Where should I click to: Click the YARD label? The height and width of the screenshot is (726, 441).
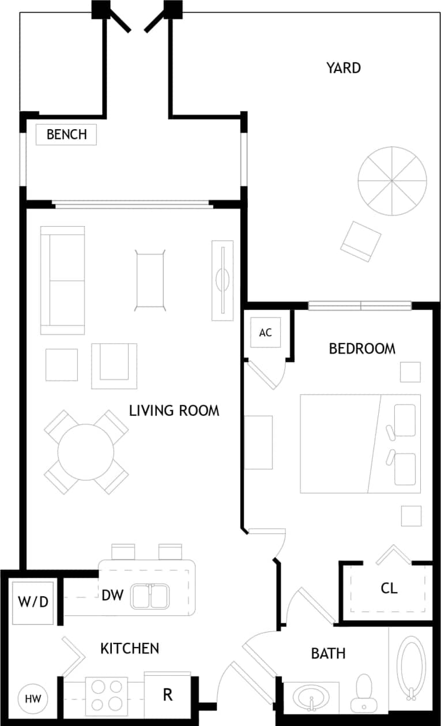(344, 68)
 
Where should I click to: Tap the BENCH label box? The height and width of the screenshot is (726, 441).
(66, 135)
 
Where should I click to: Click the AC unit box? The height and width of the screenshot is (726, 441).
(265, 333)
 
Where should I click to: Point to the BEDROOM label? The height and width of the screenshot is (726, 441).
(362, 349)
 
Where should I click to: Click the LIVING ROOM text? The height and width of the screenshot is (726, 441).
(174, 411)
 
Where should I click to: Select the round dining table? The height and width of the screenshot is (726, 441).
(86, 452)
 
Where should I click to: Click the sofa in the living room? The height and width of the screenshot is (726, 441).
(62, 280)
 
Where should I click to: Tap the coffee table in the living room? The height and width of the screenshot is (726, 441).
(150, 280)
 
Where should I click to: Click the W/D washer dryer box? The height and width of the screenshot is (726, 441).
(33, 602)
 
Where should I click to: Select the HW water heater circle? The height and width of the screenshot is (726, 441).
(33, 699)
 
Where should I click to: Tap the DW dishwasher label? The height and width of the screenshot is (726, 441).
(113, 596)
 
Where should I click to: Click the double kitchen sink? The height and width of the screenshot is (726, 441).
(150, 596)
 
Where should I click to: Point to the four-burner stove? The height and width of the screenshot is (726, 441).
(107, 695)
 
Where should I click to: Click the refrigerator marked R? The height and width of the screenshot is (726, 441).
(167, 695)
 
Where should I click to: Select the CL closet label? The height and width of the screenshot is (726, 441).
(389, 588)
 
